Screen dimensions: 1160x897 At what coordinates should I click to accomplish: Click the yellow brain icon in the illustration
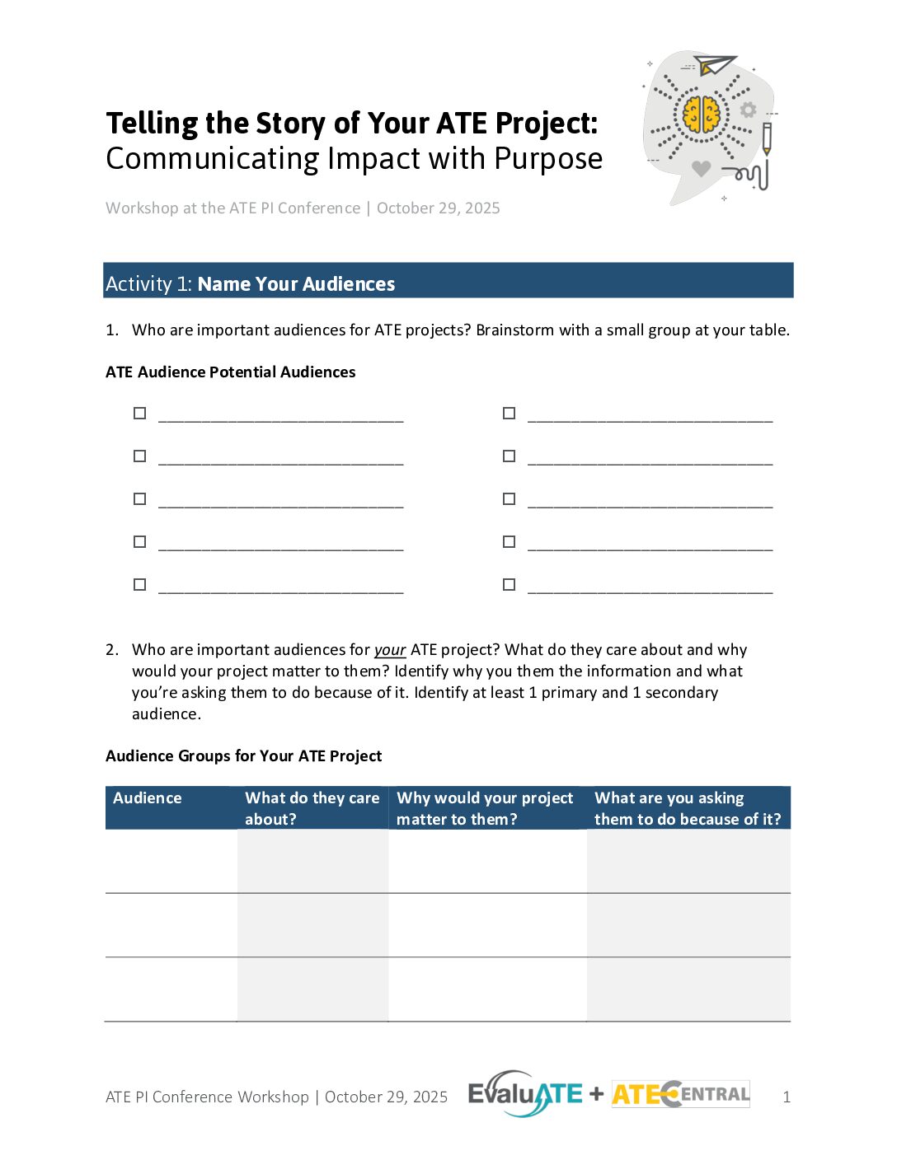coord(702,115)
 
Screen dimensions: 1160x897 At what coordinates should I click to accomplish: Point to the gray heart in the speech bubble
coord(701,169)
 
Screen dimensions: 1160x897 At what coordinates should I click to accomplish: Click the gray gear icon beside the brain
coord(748,110)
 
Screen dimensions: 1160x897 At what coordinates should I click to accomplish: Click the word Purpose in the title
coord(548,159)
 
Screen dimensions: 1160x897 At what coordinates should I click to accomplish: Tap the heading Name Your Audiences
coord(296,284)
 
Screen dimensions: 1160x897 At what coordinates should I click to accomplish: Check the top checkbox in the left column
coord(140,414)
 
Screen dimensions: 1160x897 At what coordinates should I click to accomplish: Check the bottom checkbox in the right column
coord(510,585)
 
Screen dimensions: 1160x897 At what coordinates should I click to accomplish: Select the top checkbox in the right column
coord(510,414)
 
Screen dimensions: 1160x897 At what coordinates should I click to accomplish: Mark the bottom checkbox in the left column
coord(140,585)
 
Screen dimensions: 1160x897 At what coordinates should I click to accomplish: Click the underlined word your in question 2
coord(390,650)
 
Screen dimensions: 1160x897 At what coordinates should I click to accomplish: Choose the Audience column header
coord(148,798)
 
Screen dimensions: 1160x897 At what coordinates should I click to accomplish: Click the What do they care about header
coord(312,808)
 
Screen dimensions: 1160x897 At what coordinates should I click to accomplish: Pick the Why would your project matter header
coord(485,808)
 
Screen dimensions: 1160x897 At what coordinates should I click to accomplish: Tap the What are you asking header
coord(687,808)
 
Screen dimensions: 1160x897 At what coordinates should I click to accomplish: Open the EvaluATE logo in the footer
coord(525,1094)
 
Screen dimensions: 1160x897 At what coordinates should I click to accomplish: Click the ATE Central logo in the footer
coord(681,1094)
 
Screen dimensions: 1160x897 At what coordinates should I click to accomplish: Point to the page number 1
coord(787,1097)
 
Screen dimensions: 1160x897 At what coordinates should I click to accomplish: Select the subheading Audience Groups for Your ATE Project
coord(244,756)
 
